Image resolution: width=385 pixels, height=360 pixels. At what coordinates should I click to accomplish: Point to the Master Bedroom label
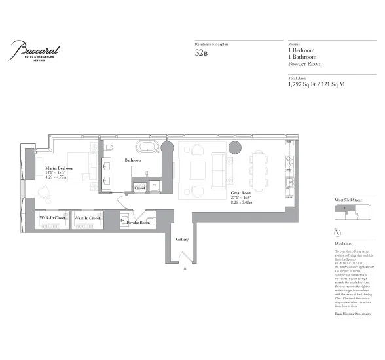(59, 168)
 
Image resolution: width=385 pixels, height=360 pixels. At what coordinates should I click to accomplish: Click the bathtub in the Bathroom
(148, 147)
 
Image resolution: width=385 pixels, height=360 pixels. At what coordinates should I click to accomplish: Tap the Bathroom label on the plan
(134, 160)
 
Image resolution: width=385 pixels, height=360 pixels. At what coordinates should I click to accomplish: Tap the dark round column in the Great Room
(235, 147)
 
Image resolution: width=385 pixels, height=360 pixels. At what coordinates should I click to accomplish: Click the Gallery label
(183, 239)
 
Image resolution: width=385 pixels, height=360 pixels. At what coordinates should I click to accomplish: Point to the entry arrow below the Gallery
(186, 267)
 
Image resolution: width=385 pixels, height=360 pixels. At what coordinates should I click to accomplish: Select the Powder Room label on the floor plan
(138, 223)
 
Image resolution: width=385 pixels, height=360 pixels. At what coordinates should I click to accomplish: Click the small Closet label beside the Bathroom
(139, 188)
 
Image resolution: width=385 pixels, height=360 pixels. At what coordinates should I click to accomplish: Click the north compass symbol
(337, 233)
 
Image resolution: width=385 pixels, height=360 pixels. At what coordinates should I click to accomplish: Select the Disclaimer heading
(346, 243)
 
